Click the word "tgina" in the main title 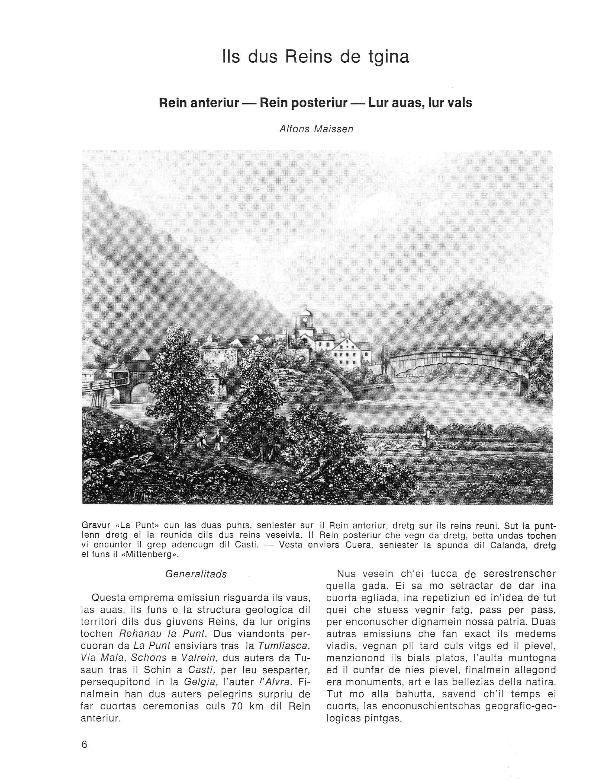[388, 57]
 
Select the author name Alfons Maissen [316, 129]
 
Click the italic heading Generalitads [196, 574]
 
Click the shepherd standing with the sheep [425, 438]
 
